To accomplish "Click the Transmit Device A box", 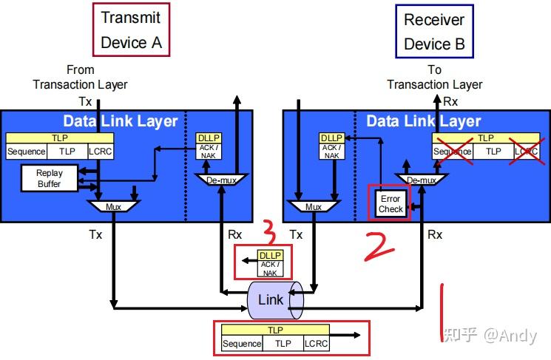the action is pyautogui.click(x=131, y=30).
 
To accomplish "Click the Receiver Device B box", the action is pyautogui.click(x=434, y=31).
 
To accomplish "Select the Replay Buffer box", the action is pyautogui.click(x=50, y=178).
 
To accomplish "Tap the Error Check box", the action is pyautogui.click(x=391, y=204).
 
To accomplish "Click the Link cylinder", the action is pyautogui.click(x=275, y=300).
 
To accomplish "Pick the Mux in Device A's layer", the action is pyautogui.click(x=113, y=206).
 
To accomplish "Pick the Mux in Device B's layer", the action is pyautogui.click(x=314, y=206).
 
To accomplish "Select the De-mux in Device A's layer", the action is pyautogui.click(x=221, y=180).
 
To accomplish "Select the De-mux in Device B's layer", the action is pyautogui.click(x=422, y=180).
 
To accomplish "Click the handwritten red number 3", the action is pyautogui.click(x=269, y=233).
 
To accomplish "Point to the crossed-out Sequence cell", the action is pyautogui.click(x=452, y=152).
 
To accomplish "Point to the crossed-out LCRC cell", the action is pyautogui.click(x=526, y=152).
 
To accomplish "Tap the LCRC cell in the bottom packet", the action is pyautogui.click(x=316, y=343).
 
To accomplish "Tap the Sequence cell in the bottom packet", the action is pyautogui.click(x=242, y=343).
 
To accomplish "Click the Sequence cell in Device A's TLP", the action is pyautogui.click(x=27, y=152).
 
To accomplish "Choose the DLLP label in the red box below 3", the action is pyautogui.click(x=270, y=255).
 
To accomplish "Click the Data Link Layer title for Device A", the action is pyautogui.click(x=120, y=121).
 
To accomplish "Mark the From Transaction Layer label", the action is pyautogui.click(x=80, y=78).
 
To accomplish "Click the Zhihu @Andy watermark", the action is pyautogui.click(x=490, y=336).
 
